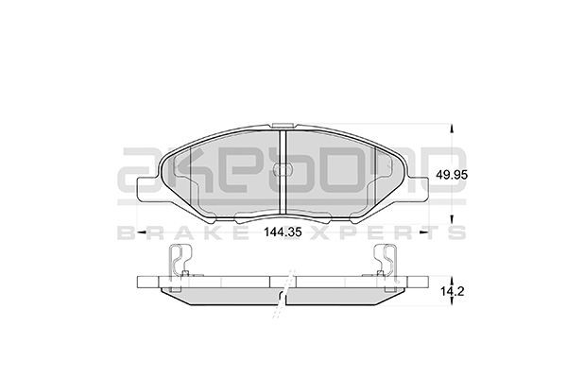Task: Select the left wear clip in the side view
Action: (180, 262)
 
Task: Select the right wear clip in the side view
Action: (388, 262)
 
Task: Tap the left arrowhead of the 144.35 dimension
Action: (142, 230)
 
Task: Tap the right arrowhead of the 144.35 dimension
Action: (431, 230)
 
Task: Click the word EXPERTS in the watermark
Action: (397, 233)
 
